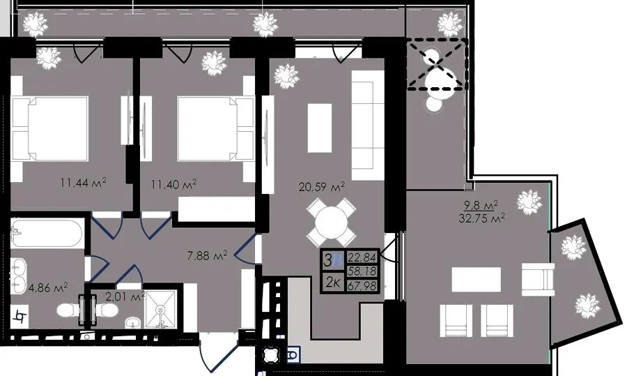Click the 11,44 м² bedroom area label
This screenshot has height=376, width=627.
pyautogui.click(x=83, y=183)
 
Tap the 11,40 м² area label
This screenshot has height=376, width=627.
pyautogui.click(x=173, y=184)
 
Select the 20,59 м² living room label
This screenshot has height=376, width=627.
pyautogui.click(x=322, y=186)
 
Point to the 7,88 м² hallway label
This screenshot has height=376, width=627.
pyautogui.click(x=207, y=255)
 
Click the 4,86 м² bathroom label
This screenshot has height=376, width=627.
pyautogui.click(x=48, y=287)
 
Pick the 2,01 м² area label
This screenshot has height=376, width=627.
pyautogui.click(x=125, y=296)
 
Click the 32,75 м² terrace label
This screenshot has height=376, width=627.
pyautogui.click(x=481, y=218)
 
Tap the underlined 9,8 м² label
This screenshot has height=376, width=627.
pyautogui.click(x=480, y=205)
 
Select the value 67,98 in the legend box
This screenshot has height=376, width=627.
pyautogui.click(x=362, y=285)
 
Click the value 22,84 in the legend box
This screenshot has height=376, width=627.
pyautogui.click(x=362, y=257)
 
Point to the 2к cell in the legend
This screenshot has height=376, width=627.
pyautogui.click(x=333, y=283)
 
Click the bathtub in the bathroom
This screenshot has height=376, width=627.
pyautogui.click(x=47, y=233)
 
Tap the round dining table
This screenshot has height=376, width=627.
pyautogui.click(x=331, y=223)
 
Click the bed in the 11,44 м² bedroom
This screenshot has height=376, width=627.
pyautogui.click(x=50, y=128)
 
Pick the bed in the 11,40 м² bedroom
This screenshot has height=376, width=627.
pyautogui.click(x=215, y=128)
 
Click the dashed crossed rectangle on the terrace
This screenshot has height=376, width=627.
pyautogui.click(x=437, y=64)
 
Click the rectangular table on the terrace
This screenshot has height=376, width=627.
pyautogui.click(x=477, y=280)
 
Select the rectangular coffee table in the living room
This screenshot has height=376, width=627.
pyautogui.click(x=320, y=128)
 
